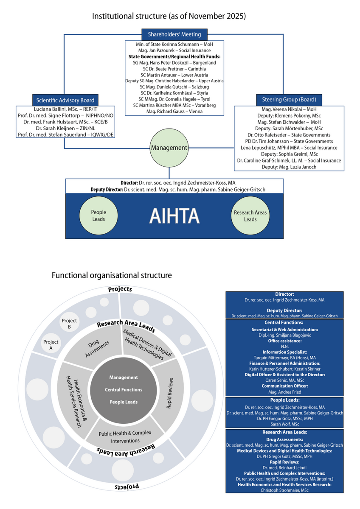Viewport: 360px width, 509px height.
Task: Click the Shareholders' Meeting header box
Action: pos(174,34)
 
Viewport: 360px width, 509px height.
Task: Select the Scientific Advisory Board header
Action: pos(65,101)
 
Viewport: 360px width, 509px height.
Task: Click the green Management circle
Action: pos(169,148)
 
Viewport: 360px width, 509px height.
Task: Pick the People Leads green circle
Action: pos(98,215)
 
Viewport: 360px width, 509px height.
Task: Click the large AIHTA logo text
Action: pos(174,215)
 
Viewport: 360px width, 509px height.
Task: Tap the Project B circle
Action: pos(69,324)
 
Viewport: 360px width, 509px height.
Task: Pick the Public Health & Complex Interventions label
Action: pos(125,437)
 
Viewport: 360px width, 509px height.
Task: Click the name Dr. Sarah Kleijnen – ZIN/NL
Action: pos(65,128)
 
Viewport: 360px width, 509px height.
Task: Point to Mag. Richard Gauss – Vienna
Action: pos(174,112)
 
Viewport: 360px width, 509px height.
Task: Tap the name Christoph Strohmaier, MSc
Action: pos(285,490)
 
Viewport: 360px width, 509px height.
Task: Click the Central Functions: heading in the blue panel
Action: pos(285,322)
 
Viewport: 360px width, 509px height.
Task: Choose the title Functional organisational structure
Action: pos(112,275)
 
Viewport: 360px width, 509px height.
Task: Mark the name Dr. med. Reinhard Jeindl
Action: pos(285,467)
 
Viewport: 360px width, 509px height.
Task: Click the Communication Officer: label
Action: pos(285,386)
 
